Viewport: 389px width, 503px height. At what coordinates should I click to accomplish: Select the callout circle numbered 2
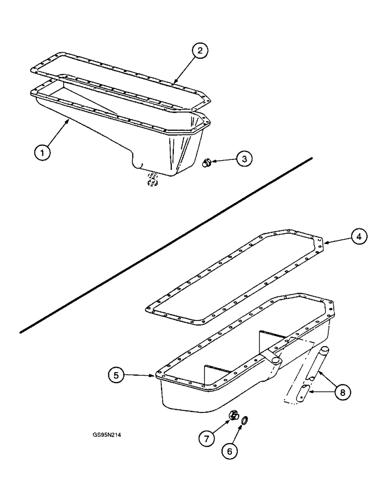coord(200,51)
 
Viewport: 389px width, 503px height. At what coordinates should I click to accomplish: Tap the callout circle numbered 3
coord(243,158)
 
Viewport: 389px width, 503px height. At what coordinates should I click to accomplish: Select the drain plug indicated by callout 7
coord(233,415)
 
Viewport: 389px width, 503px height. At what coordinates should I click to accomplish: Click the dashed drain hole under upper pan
coord(151,179)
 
